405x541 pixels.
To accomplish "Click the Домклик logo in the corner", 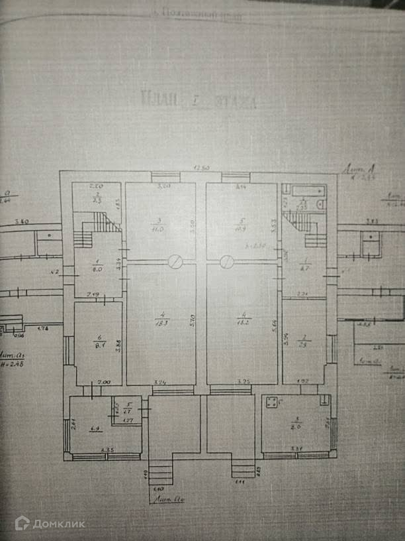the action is pyautogui.click(x=50, y=523).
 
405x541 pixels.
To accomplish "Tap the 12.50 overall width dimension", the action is pyautogui.click(x=201, y=168).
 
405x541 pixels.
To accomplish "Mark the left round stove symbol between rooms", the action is pyautogui.click(x=175, y=263).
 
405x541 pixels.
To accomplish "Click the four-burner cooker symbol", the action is pyautogui.click(x=271, y=402).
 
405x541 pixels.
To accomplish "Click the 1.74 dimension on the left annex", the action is pyautogui.click(x=42, y=329).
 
